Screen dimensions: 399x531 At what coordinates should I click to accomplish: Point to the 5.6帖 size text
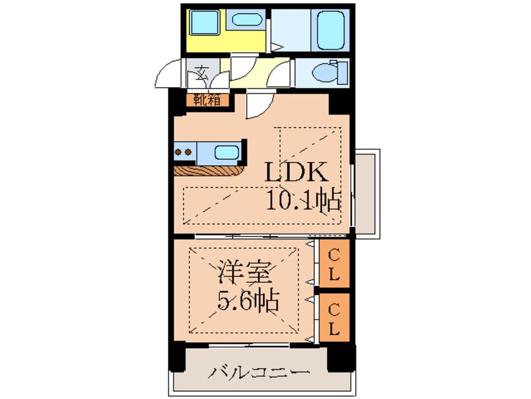click(248, 303)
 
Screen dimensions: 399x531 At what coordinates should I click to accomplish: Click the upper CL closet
click(334, 264)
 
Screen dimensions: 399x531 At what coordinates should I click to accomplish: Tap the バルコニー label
click(259, 372)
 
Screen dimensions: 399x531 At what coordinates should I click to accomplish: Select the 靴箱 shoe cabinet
click(206, 99)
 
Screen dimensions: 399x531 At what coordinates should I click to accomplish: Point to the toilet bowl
click(327, 72)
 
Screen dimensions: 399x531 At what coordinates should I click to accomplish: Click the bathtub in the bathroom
click(331, 30)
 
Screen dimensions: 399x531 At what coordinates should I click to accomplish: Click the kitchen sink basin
click(226, 152)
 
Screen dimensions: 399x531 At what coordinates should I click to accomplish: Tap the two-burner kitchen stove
click(185, 152)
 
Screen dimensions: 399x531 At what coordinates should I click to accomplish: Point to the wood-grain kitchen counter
click(209, 170)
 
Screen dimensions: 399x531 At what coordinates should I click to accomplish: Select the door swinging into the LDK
click(258, 104)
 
